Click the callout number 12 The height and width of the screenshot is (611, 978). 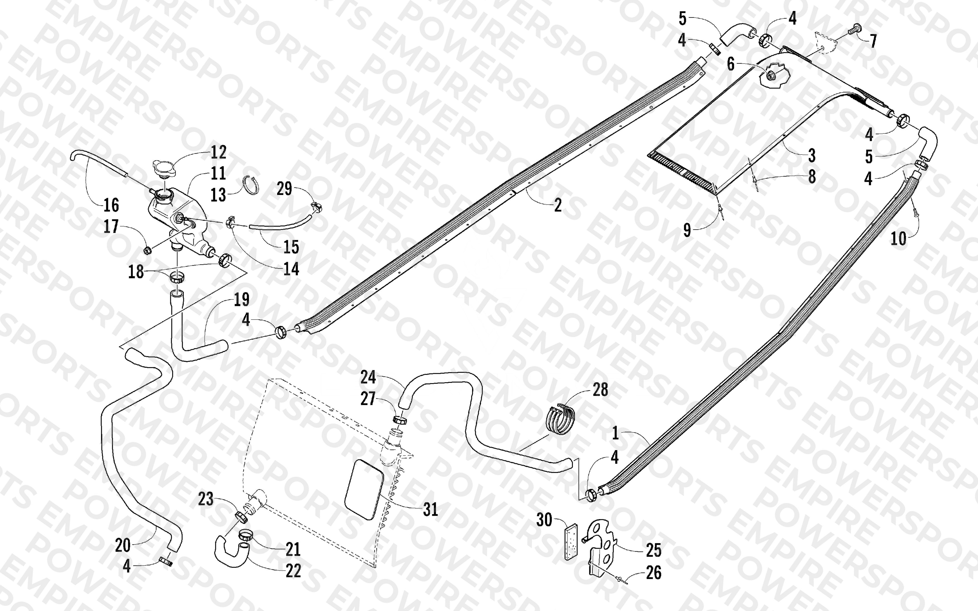point(219,152)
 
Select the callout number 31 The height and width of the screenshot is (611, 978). point(430,510)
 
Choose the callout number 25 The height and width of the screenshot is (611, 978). point(654,550)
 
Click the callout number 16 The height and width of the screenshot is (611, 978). point(111,205)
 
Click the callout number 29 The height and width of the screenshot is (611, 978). point(284,189)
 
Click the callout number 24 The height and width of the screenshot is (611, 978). point(368,377)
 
